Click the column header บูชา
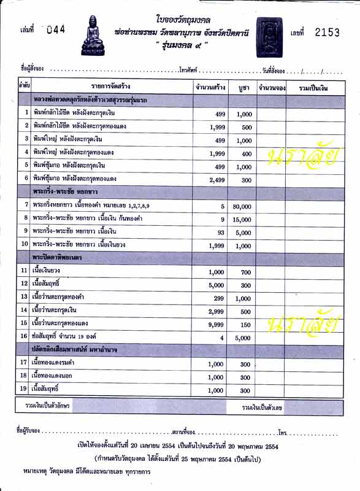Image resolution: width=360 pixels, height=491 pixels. (243, 87)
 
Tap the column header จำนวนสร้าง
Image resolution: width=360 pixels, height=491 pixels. (209, 87)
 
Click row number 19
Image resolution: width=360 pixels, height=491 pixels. (24, 389)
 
